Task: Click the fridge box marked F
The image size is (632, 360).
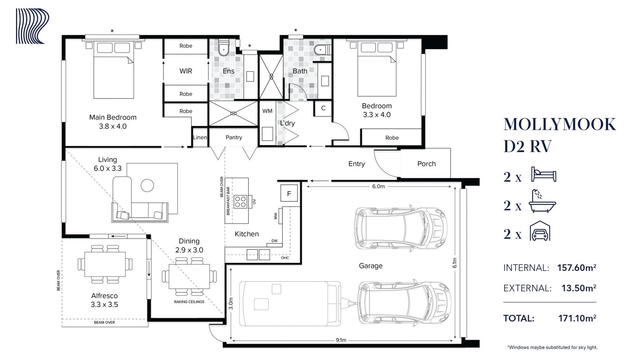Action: click(289, 193)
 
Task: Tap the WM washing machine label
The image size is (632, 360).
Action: click(267, 111)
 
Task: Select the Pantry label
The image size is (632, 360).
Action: click(234, 137)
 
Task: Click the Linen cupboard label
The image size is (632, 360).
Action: click(200, 137)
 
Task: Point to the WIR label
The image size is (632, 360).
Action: click(186, 71)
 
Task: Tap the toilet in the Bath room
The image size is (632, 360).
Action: click(322, 50)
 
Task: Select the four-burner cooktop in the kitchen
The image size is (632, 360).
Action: click(240, 202)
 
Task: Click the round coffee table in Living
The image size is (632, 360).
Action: click(147, 185)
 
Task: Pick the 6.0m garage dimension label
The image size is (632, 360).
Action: click(379, 186)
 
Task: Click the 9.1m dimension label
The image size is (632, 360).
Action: click(341, 340)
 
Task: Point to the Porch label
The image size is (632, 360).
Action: click(427, 164)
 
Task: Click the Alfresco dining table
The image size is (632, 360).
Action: click(105, 264)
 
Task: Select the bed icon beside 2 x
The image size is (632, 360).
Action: click(544, 174)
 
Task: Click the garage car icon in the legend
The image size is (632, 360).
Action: click(540, 231)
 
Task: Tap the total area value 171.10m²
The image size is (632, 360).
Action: click(577, 318)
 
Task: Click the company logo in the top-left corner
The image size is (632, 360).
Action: click(33, 26)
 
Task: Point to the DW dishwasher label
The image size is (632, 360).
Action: click(274, 241)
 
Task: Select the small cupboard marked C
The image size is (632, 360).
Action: click(323, 108)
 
